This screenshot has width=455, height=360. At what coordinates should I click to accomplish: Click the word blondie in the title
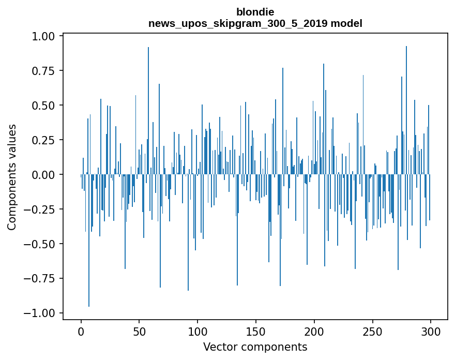(x=255, y=12)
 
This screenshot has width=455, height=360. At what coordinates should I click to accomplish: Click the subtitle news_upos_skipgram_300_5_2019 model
(x=255, y=23)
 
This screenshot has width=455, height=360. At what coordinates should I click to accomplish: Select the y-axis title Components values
(x=11, y=177)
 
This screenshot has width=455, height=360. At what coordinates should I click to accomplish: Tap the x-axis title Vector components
(x=255, y=347)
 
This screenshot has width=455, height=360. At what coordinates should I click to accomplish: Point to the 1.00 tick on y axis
(x=44, y=36)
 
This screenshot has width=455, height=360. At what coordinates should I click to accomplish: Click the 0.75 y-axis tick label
(x=44, y=71)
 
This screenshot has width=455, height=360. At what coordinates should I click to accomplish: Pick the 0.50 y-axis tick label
(x=44, y=106)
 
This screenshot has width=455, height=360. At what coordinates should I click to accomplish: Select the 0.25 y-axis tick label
(x=44, y=140)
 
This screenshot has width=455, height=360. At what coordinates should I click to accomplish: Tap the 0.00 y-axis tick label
(x=44, y=175)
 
